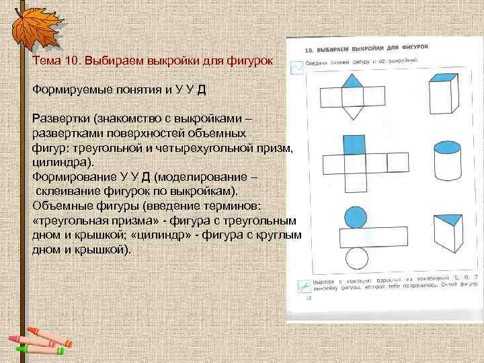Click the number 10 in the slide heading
[73, 61]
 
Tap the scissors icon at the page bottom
[301, 287]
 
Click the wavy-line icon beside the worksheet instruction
[296, 68]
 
